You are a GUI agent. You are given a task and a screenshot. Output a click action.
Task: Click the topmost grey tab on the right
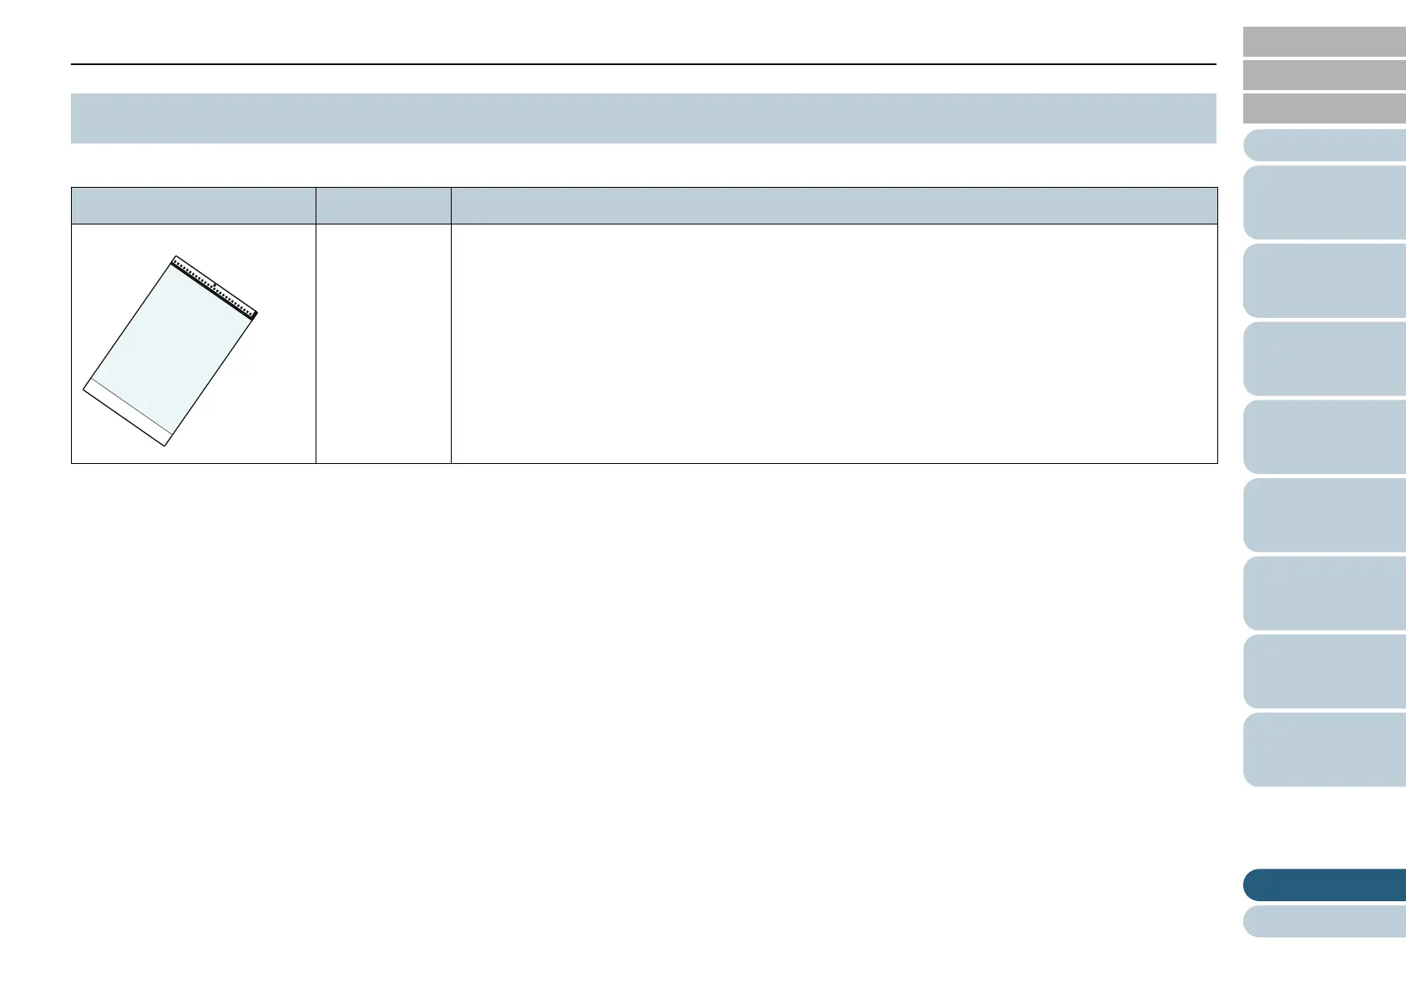click(x=1324, y=41)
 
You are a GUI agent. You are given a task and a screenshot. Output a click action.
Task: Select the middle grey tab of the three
click(x=1324, y=75)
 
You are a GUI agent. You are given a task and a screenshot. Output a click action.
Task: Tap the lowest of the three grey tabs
click(x=1324, y=108)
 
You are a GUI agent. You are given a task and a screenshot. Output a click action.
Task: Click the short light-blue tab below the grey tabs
click(x=1324, y=145)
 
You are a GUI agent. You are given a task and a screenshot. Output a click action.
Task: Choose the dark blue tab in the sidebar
click(x=1324, y=885)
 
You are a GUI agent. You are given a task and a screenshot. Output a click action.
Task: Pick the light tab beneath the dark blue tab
click(x=1324, y=921)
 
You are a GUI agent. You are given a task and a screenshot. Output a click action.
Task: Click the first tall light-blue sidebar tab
click(x=1324, y=203)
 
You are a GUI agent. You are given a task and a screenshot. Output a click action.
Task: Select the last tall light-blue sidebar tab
click(x=1324, y=749)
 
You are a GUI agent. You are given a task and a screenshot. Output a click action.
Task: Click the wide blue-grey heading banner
click(x=643, y=118)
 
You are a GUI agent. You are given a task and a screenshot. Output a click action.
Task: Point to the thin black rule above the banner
click(x=643, y=64)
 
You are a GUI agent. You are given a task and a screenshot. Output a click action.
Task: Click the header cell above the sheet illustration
click(x=193, y=205)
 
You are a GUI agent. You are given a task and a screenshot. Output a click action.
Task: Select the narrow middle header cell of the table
click(x=383, y=205)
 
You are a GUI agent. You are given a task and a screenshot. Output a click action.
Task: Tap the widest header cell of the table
click(x=833, y=205)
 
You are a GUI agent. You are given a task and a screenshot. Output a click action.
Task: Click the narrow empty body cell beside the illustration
click(x=383, y=343)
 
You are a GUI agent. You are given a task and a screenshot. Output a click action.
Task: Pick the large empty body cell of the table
click(x=833, y=343)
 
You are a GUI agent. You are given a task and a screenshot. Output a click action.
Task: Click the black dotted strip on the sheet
click(x=214, y=288)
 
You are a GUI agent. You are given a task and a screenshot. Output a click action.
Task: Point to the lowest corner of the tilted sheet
click(x=164, y=446)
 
